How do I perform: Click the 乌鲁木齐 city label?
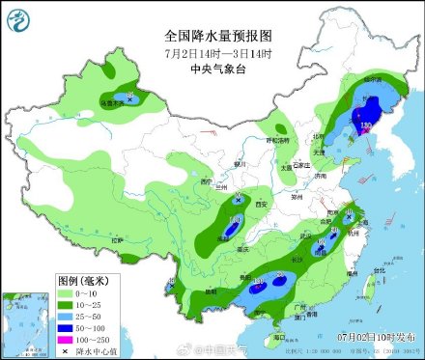coord(113,99)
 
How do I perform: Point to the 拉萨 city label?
coord(118,238)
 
